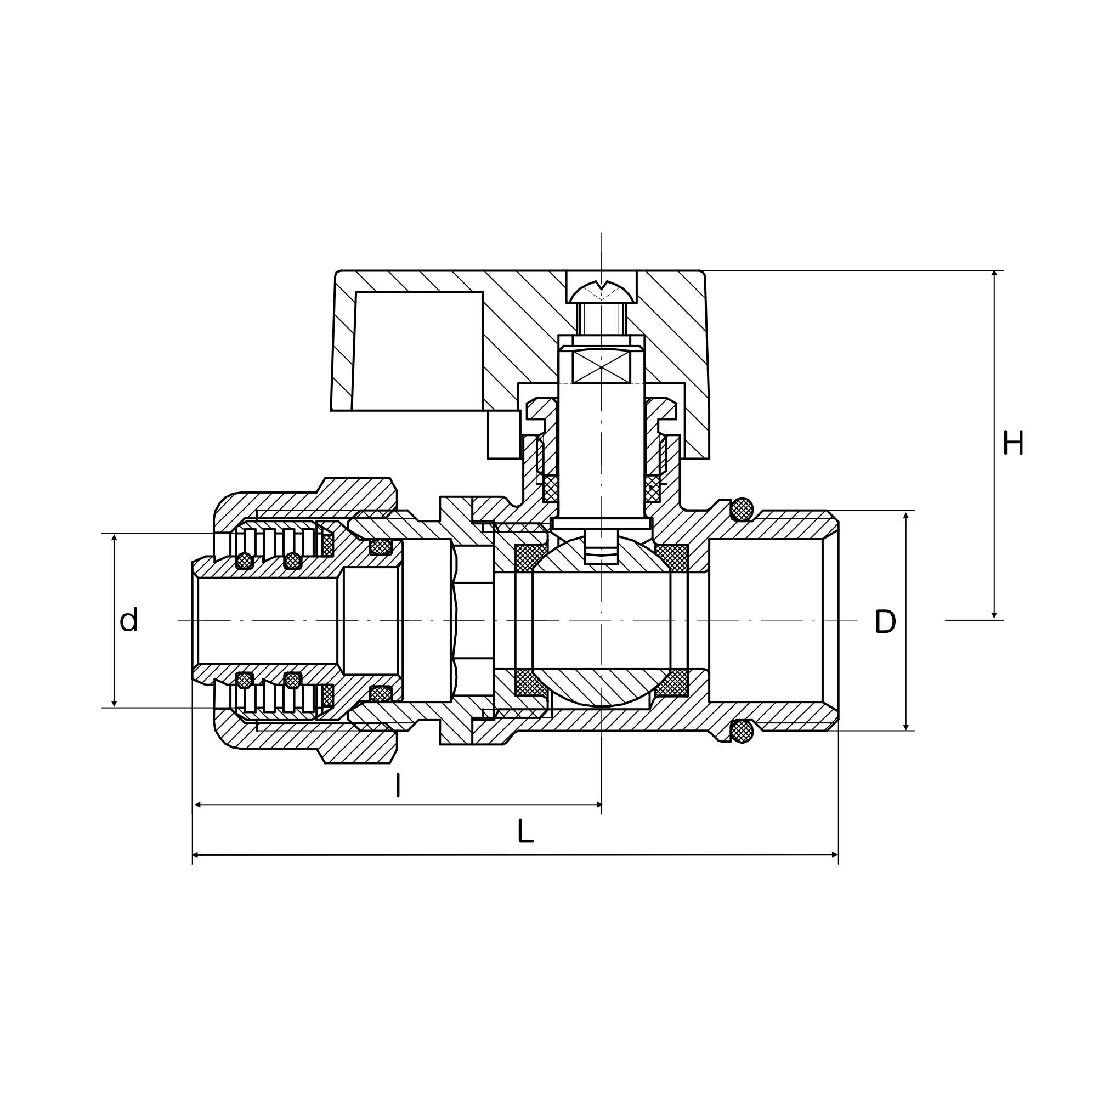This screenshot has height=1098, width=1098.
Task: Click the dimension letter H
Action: click(x=1013, y=443)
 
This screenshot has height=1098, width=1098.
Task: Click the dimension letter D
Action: click(x=885, y=621)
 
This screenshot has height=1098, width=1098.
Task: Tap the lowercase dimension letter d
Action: click(x=129, y=619)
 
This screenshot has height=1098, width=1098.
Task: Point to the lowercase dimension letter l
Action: click(x=398, y=785)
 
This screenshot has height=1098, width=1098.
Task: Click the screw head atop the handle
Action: click(x=602, y=292)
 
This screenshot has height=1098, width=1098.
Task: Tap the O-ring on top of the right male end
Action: click(x=742, y=509)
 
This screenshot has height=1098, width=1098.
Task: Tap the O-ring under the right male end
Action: click(x=742, y=732)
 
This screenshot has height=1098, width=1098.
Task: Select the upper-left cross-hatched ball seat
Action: click(x=528, y=558)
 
